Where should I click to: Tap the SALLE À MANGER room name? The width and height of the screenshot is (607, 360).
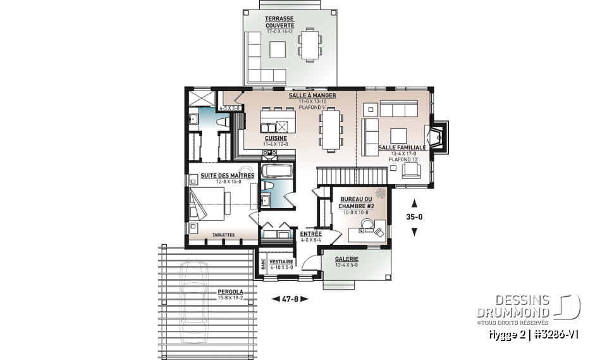pyautogui.click(x=312, y=96)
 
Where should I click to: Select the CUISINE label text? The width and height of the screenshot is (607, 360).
pyautogui.click(x=276, y=138)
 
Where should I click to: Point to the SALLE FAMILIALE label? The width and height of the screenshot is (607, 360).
pyautogui.click(x=402, y=147)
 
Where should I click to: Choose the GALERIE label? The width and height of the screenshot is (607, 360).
pyautogui.click(x=347, y=259)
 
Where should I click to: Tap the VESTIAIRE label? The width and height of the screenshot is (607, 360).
pyautogui.click(x=281, y=261)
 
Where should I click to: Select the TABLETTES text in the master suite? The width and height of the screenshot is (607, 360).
pyautogui.click(x=223, y=235)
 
